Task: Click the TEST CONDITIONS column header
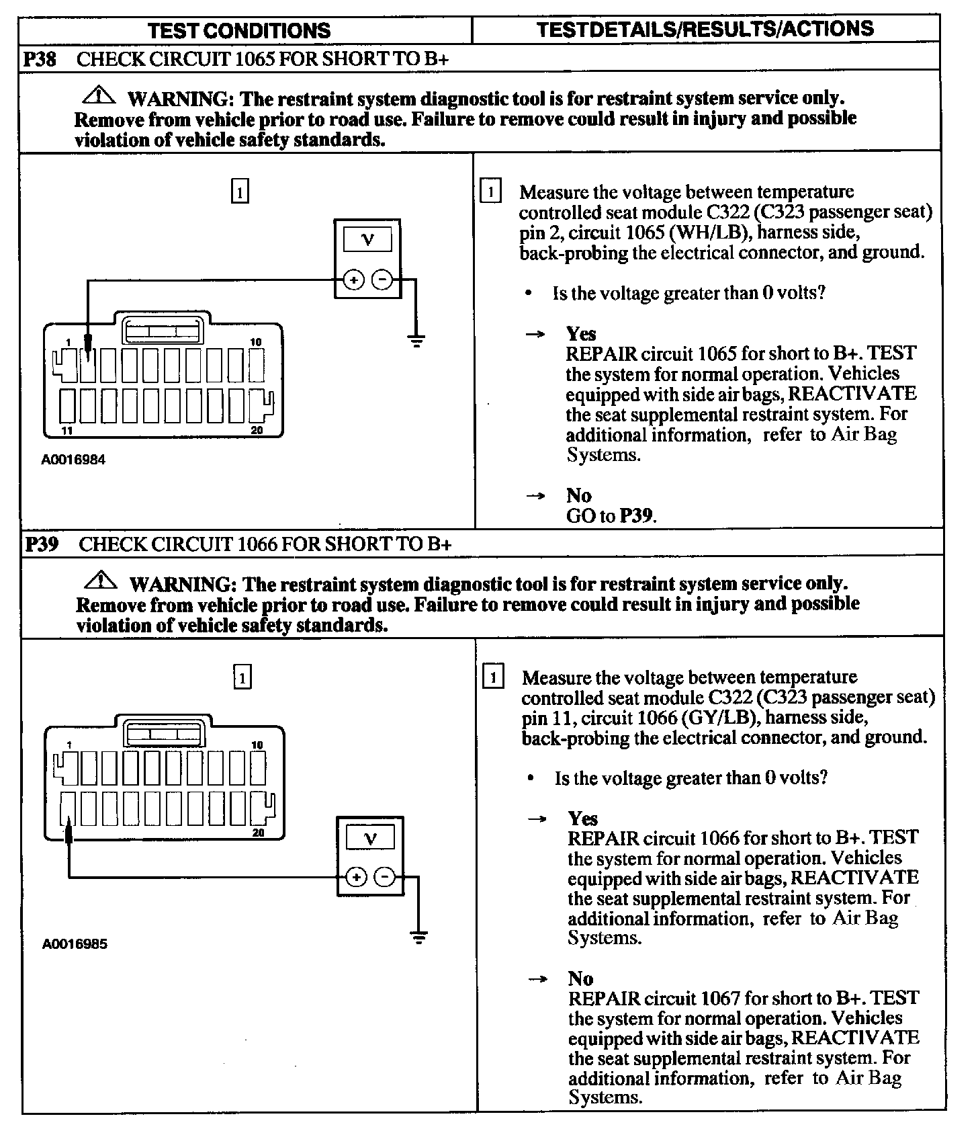pos(239,30)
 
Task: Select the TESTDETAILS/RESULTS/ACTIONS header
pos(705,29)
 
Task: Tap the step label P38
pos(40,59)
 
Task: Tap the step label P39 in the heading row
pos(42,544)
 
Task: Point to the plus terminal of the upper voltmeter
pos(353,280)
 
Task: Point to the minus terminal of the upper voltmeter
pos(382,280)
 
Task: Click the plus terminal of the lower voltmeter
pos(356,877)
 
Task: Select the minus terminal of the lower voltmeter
pos(384,877)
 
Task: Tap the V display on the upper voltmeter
pos(367,240)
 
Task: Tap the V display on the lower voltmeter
pos(370,838)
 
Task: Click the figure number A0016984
pos(73,460)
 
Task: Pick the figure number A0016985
pos(75,943)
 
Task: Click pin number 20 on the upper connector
pos(257,431)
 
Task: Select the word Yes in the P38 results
pos(581,333)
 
